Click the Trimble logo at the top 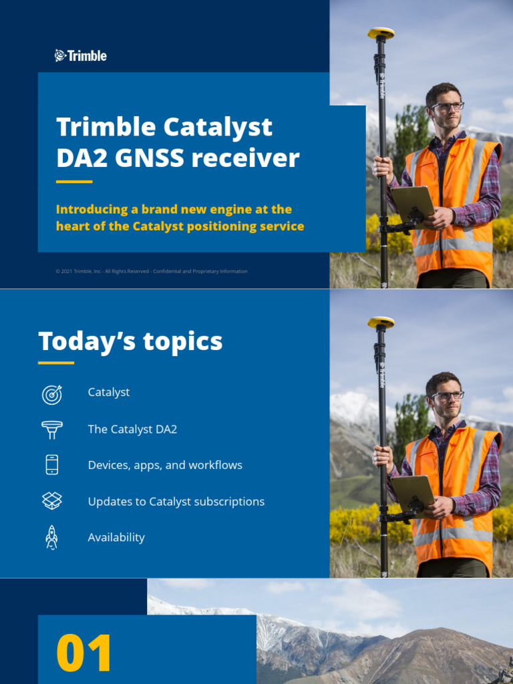coord(81,56)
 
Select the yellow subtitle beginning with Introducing coord(180,218)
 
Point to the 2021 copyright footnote coord(152,271)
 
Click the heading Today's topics coord(130,341)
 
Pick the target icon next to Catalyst coord(52,394)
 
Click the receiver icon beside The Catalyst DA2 coord(52,430)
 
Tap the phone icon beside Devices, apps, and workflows coord(52,465)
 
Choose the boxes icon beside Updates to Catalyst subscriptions coord(52,501)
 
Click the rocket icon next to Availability coord(52,537)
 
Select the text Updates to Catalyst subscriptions coord(176,501)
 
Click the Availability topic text coord(116,537)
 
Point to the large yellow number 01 coord(84,654)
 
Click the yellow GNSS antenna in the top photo coord(381,32)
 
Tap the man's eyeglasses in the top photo coord(447,106)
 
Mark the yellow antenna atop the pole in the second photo coord(381,322)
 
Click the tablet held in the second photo coord(413,491)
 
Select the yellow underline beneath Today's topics coord(56,363)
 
